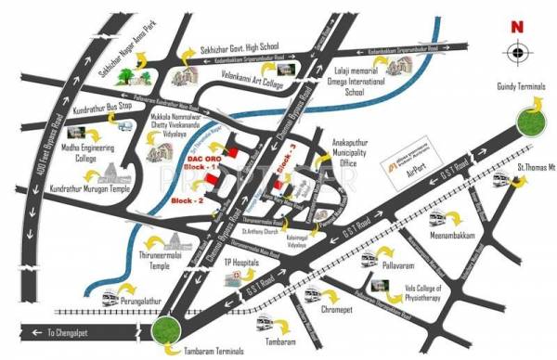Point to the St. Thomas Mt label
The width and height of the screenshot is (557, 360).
pyautogui.click(x=534, y=169)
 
